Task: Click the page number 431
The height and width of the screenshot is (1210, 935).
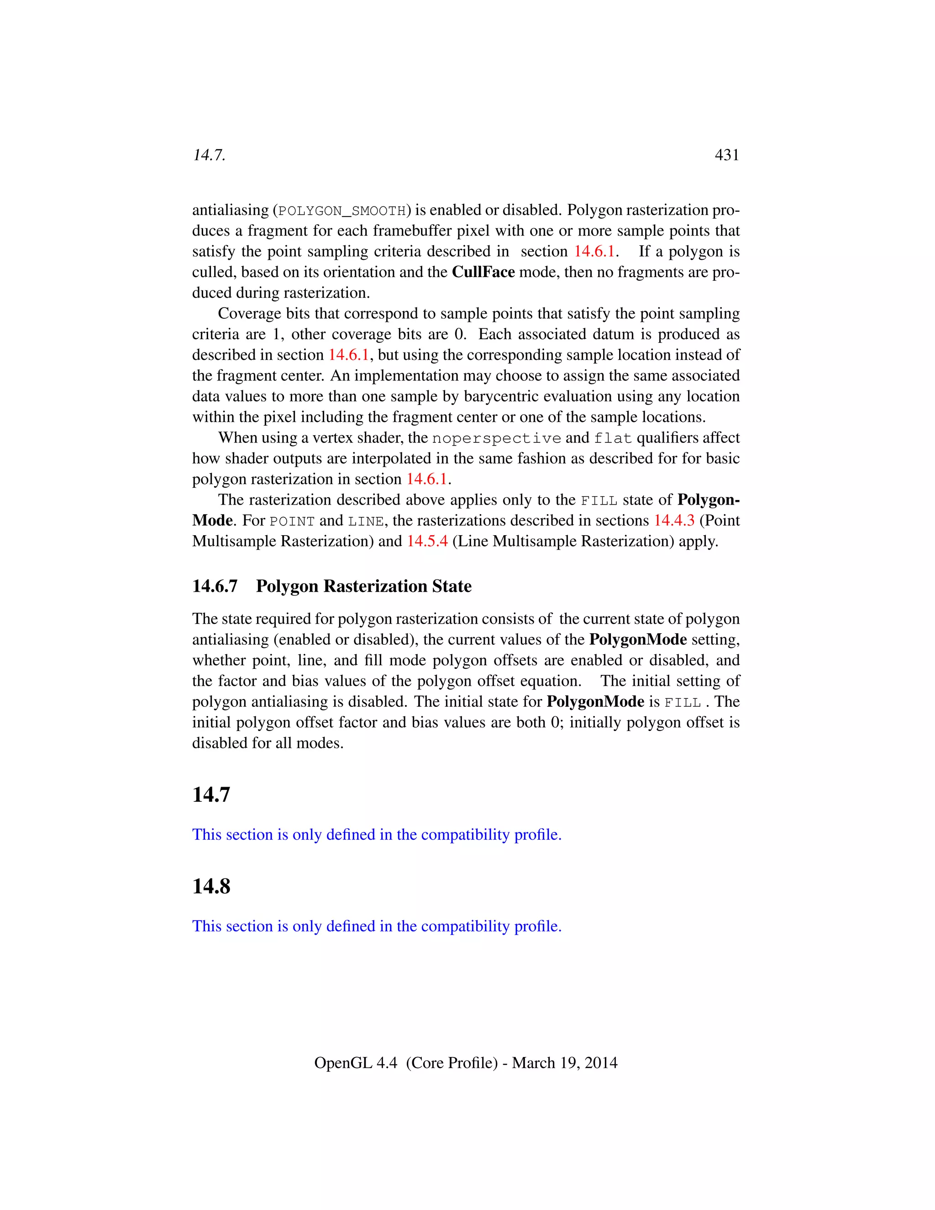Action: pos(727,155)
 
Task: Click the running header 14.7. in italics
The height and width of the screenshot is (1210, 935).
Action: pos(209,155)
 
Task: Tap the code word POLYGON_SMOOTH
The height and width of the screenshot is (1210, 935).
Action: pos(342,211)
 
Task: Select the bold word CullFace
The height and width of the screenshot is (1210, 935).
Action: pos(483,272)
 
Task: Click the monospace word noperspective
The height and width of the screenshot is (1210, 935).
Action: pos(496,439)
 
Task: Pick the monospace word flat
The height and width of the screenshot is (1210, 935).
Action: pos(613,439)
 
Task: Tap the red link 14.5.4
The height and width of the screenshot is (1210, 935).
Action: pos(427,541)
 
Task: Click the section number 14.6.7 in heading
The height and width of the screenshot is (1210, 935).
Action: pos(215,586)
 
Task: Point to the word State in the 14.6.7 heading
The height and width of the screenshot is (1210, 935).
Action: pos(452,586)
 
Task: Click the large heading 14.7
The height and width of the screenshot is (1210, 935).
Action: pos(211,794)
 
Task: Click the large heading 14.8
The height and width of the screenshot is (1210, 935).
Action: pos(211,886)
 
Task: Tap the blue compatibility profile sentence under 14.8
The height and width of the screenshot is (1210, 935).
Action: pos(377,926)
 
